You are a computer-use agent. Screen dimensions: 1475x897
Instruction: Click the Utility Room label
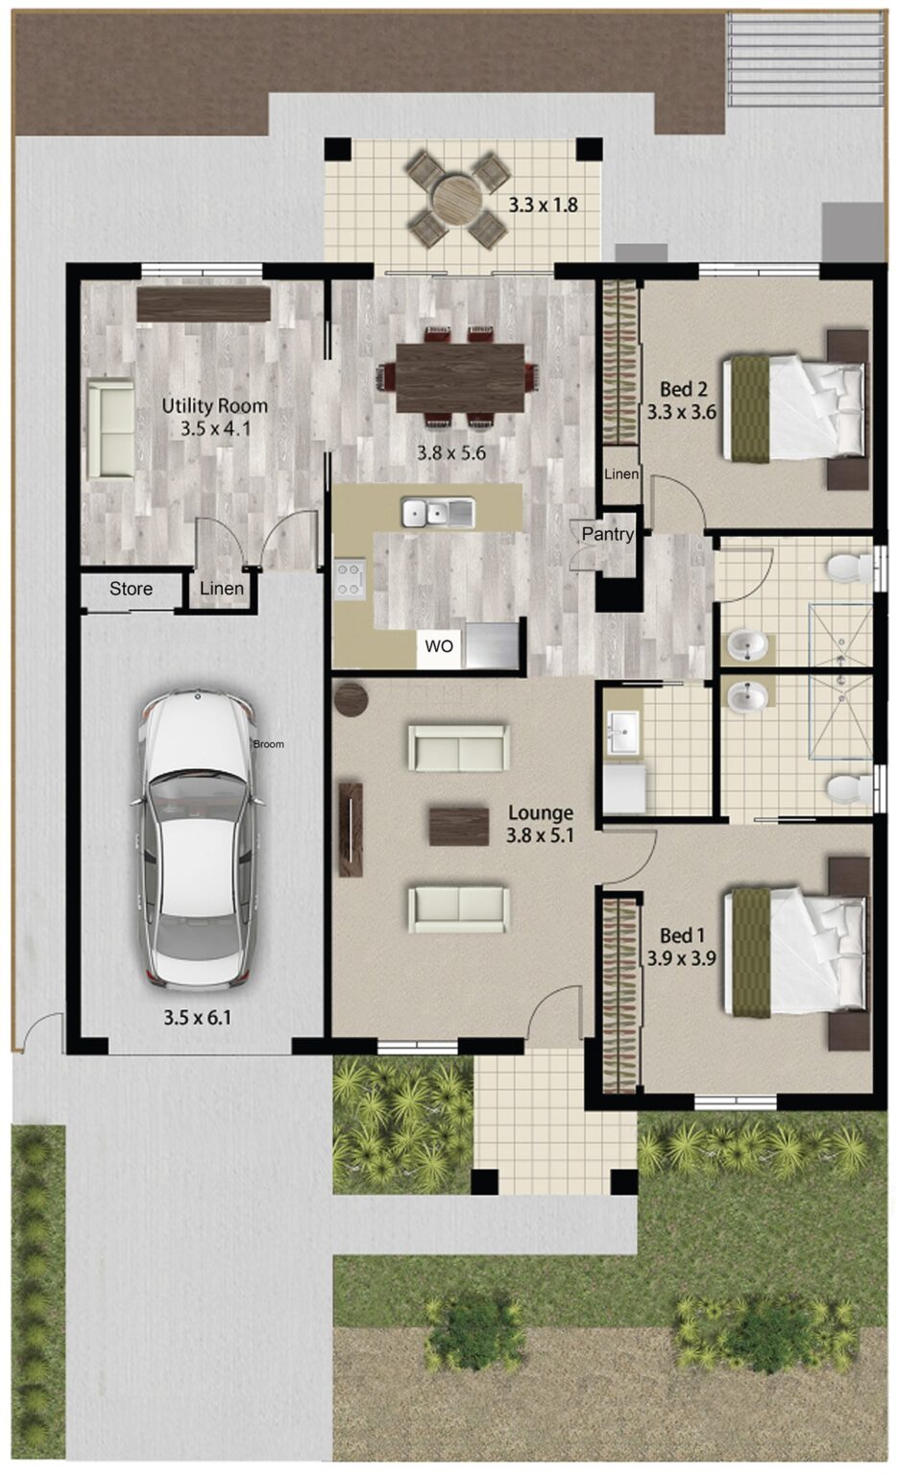click(x=214, y=405)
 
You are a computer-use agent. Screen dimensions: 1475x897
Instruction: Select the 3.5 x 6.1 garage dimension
click(x=197, y=1017)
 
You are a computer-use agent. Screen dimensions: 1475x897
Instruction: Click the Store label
click(x=131, y=589)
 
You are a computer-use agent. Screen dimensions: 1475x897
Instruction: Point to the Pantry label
click(x=607, y=534)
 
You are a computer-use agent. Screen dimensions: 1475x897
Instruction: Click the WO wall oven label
click(x=439, y=646)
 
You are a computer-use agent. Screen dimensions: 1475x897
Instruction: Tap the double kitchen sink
click(x=438, y=513)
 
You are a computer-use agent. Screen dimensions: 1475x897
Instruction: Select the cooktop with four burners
click(x=350, y=580)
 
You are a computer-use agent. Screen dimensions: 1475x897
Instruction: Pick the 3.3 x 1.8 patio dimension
click(x=543, y=205)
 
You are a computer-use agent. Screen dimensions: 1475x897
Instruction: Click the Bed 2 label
click(x=683, y=389)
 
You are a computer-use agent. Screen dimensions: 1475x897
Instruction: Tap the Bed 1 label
click(x=682, y=934)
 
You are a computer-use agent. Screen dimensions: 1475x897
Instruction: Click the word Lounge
click(x=541, y=812)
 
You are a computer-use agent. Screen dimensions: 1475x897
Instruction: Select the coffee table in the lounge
click(x=459, y=826)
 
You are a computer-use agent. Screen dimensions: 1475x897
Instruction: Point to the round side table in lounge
click(x=352, y=698)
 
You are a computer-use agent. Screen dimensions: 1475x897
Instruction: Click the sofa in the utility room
click(x=110, y=428)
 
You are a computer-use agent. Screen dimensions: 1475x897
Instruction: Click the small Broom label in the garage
click(x=269, y=744)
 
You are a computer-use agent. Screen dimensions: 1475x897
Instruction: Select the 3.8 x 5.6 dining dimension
click(x=450, y=452)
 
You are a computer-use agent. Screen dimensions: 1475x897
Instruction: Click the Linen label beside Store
click(x=222, y=589)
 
